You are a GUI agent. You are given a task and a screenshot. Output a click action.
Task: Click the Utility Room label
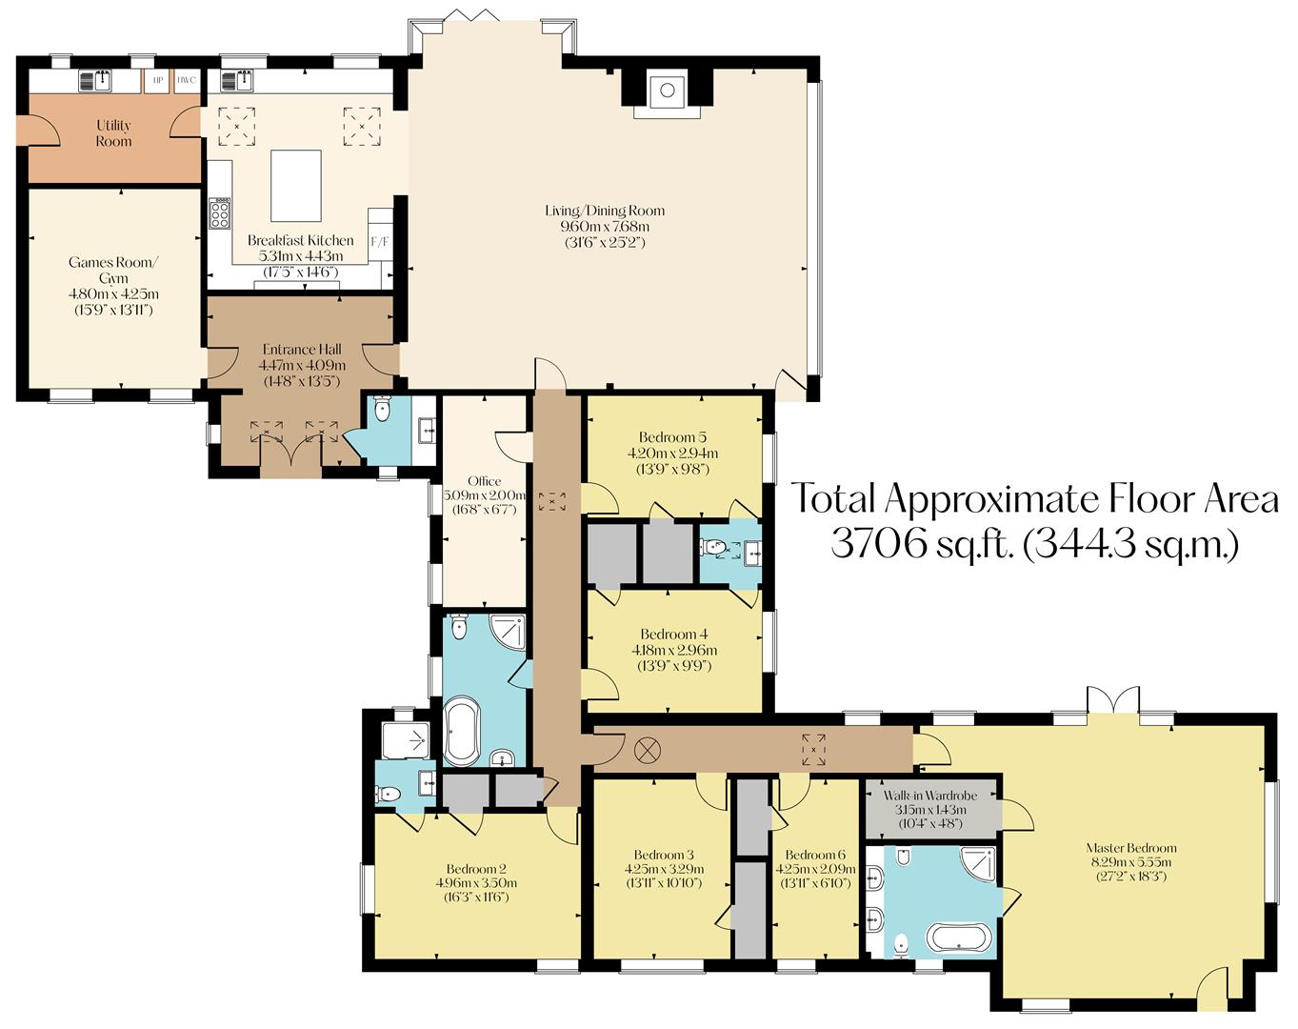113,133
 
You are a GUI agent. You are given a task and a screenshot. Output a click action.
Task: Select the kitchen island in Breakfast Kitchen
296,185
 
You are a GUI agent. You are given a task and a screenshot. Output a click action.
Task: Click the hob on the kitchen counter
219,212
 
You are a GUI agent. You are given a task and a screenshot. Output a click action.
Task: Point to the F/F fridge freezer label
379,241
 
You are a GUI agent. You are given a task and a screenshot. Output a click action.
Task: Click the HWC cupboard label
186,80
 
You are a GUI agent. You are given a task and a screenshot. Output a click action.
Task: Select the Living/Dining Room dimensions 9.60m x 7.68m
605,227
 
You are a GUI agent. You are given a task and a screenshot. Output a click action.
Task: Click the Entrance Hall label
301,350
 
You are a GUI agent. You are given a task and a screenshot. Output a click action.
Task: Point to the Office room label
484,481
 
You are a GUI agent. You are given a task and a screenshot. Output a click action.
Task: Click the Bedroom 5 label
673,437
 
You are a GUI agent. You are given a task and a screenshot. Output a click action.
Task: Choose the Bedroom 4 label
673,635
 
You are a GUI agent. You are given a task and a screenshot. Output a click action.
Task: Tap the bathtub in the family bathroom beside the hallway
463,731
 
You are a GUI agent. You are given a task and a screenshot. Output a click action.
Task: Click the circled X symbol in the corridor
647,749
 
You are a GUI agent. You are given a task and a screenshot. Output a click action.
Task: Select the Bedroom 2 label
476,868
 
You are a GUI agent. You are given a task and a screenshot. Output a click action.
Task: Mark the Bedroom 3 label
658,854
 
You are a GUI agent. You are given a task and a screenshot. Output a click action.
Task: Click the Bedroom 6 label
816,855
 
